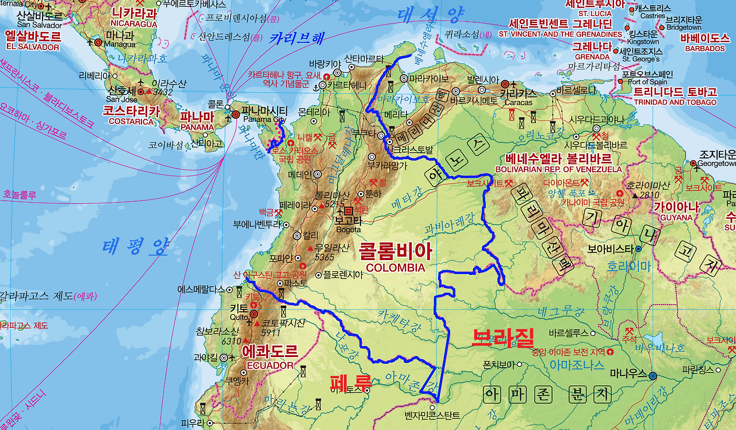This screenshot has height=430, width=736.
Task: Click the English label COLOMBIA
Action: coord(395,268)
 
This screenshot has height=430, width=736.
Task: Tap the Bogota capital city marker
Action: coord(348,211)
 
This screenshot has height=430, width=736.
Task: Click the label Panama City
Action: coord(264,119)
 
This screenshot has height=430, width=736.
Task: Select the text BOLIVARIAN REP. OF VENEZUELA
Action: coord(563,169)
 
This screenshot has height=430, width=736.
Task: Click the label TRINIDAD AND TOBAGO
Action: coord(675,102)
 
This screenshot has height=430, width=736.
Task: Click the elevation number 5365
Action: coord(325,257)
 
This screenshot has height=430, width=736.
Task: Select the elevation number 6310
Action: coord(232,341)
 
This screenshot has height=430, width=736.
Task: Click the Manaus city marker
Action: coord(653,375)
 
